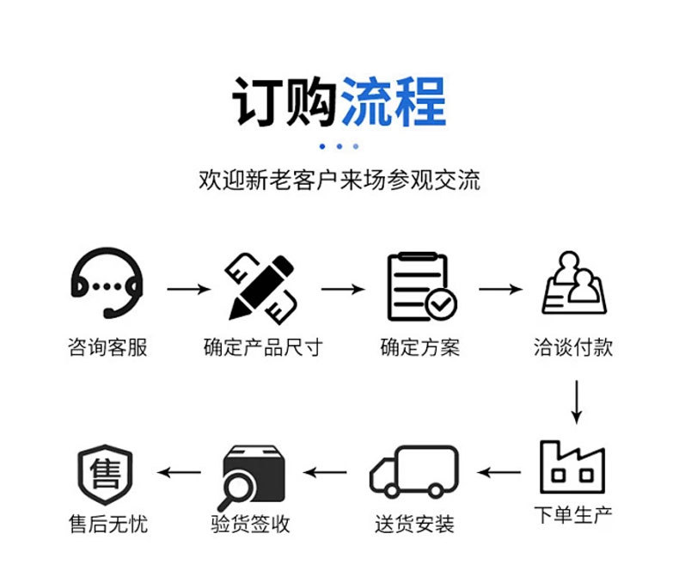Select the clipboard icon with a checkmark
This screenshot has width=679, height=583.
[x=420, y=286]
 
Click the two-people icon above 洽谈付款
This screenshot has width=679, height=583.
[x=573, y=284]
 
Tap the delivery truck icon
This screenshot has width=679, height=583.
[x=414, y=471]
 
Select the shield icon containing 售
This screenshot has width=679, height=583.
[x=107, y=472]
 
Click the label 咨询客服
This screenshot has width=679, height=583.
[x=107, y=347]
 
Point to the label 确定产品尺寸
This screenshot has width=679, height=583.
[x=262, y=347]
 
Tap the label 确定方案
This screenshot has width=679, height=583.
[x=420, y=347]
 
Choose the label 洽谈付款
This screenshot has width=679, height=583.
[x=573, y=347]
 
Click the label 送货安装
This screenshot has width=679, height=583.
[x=414, y=523]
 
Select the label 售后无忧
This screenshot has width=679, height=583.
[x=107, y=523]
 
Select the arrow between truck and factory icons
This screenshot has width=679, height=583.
[x=499, y=472]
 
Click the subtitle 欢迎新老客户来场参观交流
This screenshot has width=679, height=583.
[x=339, y=181]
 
